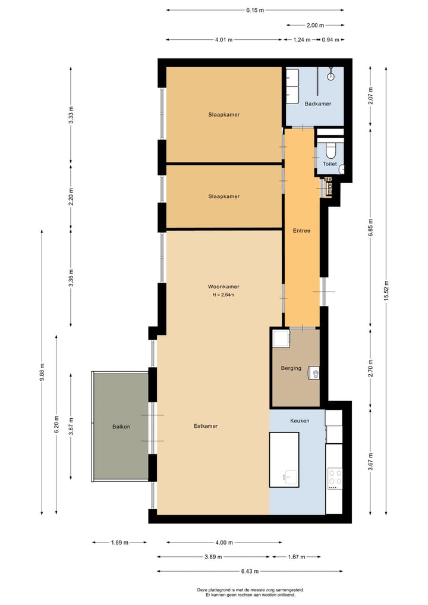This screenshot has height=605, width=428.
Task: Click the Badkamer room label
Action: (317, 104)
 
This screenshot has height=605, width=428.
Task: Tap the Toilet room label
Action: (330, 164)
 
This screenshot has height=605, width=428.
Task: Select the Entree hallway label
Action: (301, 231)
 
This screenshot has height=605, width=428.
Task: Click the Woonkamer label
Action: (224, 287)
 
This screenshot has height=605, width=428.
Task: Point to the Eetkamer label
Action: (206, 426)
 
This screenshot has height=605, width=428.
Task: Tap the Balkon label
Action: (121, 427)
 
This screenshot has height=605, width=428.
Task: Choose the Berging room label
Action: (291, 368)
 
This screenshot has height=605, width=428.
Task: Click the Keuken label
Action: (300, 421)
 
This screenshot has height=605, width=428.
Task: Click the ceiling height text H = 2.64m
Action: (224, 295)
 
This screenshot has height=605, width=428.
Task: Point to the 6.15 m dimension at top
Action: (255, 10)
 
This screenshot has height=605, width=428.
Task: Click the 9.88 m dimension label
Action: (42, 372)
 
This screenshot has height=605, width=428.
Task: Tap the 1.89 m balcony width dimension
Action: (119, 543)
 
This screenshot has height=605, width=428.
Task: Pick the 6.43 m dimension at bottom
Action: (250, 571)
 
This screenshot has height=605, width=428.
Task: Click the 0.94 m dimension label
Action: (331, 39)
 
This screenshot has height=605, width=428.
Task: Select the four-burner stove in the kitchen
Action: (334, 478)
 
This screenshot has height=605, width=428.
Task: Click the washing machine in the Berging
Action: (281, 338)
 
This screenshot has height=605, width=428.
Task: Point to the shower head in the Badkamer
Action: (331, 76)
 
